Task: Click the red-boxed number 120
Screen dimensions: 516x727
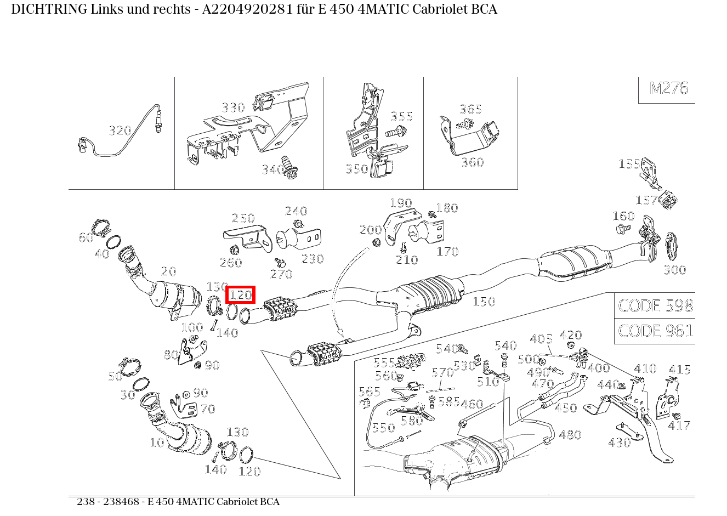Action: coord(240,295)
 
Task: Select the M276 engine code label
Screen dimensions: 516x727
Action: coord(668,88)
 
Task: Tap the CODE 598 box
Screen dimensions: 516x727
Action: coord(655,305)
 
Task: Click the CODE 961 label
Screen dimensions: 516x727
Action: coord(655,331)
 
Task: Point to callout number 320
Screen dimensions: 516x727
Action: coord(120,131)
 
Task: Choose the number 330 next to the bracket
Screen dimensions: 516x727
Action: coord(233,107)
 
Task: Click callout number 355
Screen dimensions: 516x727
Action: coord(401,116)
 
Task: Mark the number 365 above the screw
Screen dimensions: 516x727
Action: coord(470,109)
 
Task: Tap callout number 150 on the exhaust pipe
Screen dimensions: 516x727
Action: coord(484,301)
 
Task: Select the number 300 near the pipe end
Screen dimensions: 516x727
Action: coord(674,269)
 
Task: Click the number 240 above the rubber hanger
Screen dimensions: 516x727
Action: coord(296,211)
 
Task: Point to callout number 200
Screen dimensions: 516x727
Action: coord(371,230)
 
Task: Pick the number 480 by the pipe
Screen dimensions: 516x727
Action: coord(570,435)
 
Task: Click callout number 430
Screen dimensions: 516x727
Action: coord(620,443)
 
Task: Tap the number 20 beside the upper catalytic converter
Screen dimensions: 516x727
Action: coord(168,271)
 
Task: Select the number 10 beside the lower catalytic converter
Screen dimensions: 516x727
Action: coord(157,442)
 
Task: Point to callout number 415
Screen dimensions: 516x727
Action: coord(679,370)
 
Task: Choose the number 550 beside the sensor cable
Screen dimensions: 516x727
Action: coord(383,427)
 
